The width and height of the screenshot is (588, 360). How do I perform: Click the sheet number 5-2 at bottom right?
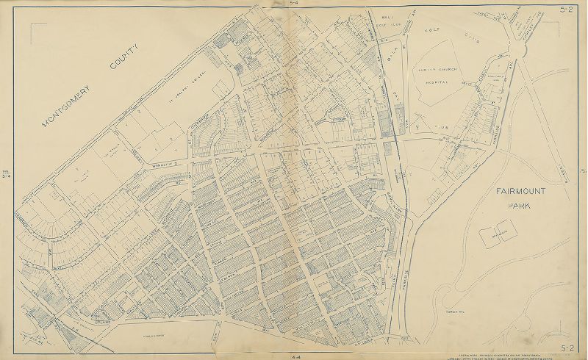[x=567, y=348]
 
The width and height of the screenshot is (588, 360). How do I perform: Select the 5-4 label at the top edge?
[x=294, y=4]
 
